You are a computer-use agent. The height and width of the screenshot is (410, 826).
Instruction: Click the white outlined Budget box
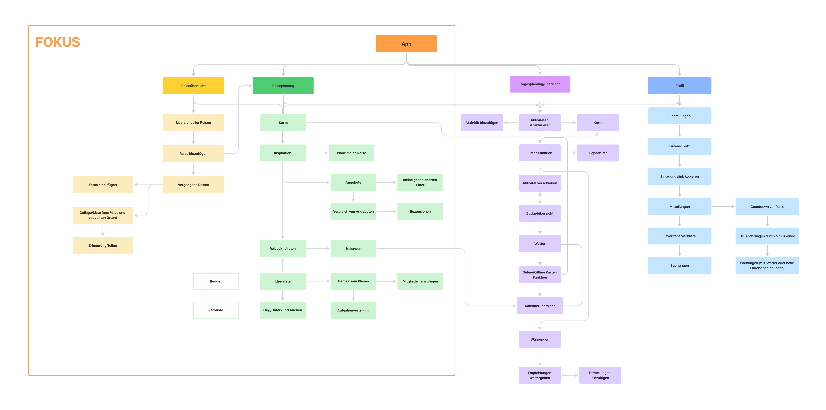point(216,281)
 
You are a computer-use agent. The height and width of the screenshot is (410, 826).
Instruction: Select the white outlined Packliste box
point(216,310)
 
